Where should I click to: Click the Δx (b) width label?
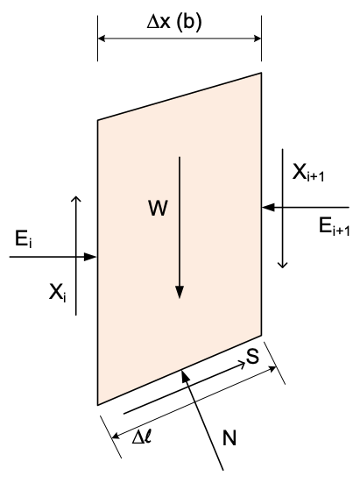click(174, 23)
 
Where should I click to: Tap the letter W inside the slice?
click(159, 209)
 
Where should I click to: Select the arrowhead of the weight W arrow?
click(180, 292)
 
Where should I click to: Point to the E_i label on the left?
click(23, 239)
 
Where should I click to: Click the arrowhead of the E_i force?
click(91, 257)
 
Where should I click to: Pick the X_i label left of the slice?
click(58, 293)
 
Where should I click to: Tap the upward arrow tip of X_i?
click(75, 198)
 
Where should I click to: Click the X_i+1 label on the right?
click(308, 173)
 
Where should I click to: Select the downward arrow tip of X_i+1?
click(282, 266)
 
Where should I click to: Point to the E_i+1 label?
click(335, 227)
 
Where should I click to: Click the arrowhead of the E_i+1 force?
click(268, 207)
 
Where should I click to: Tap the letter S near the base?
click(252, 357)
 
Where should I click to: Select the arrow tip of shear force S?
click(243, 365)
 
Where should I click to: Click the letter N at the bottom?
click(229, 437)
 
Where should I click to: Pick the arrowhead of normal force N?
click(185, 375)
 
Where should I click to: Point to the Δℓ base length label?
click(142, 437)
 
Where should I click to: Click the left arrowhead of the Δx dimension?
click(102, 39)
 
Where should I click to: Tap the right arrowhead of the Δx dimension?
click(258, 39)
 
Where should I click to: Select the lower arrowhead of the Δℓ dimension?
click(116, 436)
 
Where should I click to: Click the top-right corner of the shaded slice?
click(261, 73)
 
